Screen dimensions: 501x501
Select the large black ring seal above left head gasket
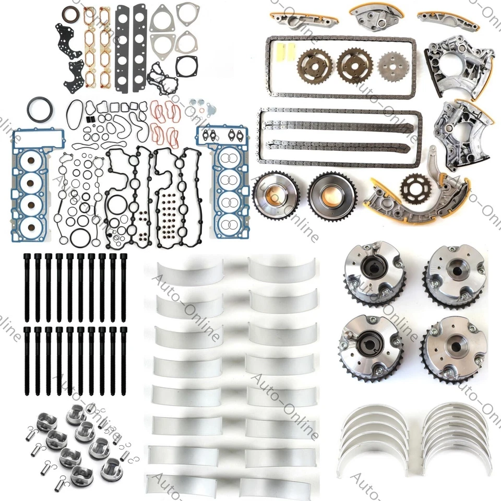point(40,111)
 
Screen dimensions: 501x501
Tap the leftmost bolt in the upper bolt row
point(26,287)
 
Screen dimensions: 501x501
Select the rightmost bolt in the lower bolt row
point(124,360)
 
